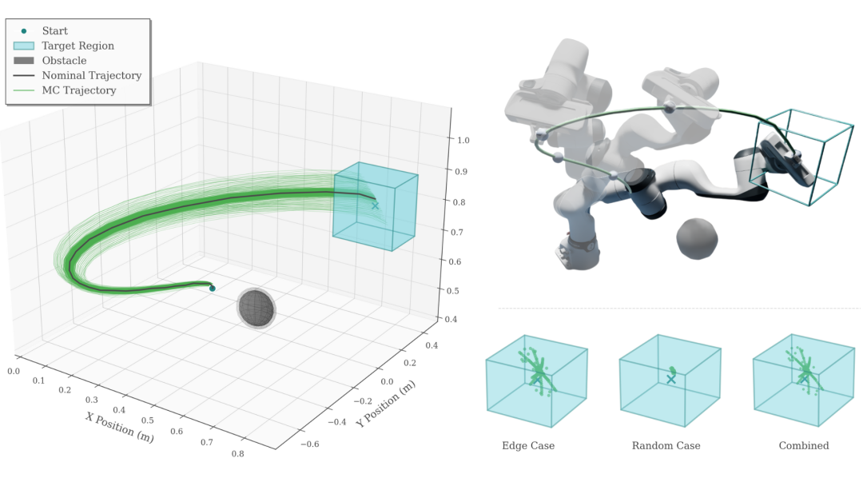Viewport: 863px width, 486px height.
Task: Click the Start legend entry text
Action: click(55, 31)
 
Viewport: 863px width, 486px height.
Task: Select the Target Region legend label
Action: click(78, 46)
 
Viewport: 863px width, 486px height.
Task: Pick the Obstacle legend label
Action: click(65, 61)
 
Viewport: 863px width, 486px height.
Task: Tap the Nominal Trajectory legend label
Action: click(92, 75)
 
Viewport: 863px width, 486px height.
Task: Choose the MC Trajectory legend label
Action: click(79, 90)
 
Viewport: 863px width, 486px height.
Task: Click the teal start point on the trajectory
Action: click(213, 289)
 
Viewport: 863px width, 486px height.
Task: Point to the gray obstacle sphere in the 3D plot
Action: click(257, 309)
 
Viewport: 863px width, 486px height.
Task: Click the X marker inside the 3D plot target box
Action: click(376, 206)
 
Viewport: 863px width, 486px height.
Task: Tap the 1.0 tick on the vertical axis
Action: click(463, 141)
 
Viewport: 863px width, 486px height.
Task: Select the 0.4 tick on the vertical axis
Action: click(451, 319)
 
